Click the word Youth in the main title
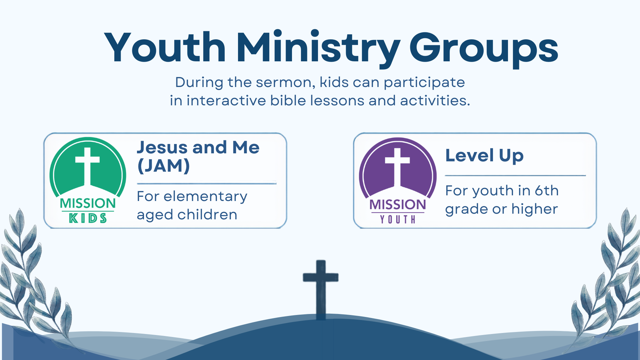pyautogui.click(x=165, y=47)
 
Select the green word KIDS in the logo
pyautogui.click(x=88, y=218)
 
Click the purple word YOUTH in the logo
pyautogui.click(x=398, y=219)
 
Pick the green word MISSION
pyautogui.click(x=88, y=203)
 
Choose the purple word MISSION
pyautogui.click(x=398, y=204)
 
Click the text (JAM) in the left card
pyautogui.click(x=164, y=166)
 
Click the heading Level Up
pyautogui.click(x=484, y=156)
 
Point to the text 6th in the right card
pyautogui.click(x=547, y=190)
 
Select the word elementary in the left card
pyautogui.click(x=205, y=197)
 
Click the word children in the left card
pyautogui.click(x=207, y=214)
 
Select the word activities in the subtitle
pyautogui.click(x=435, y=100)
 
